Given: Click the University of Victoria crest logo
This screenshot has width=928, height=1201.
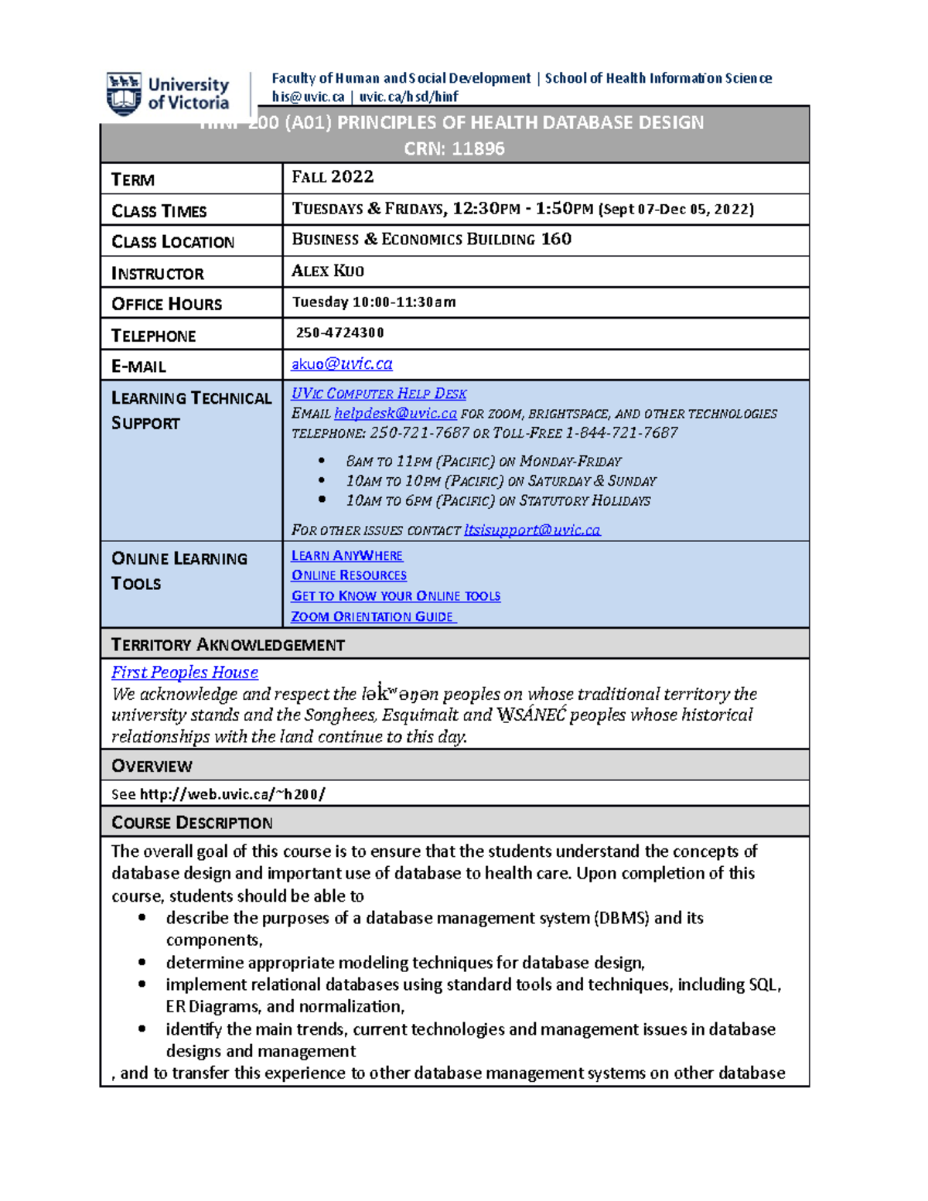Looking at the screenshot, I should tap(124, 93).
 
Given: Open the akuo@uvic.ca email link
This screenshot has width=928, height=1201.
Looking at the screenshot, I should tap(341, 363).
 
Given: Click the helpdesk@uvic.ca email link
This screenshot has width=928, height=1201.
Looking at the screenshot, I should tap(395, 414).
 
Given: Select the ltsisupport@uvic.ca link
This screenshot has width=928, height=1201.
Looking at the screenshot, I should tap(531, 530).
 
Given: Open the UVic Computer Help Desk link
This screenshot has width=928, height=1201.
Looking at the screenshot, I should tap(378, 394).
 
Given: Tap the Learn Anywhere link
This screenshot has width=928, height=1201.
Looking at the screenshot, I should tap(346, 555).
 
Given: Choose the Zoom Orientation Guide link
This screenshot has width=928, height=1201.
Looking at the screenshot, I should tap(373, 616).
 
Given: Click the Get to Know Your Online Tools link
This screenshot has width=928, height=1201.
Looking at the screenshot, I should tap(395, 595).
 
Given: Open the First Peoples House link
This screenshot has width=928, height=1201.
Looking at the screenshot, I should tap(185, 672).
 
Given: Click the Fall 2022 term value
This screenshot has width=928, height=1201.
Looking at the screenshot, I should tap(333, 177).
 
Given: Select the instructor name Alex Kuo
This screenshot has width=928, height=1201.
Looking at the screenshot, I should tap(327, 271).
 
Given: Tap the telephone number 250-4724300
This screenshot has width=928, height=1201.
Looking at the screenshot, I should tap(339, 333).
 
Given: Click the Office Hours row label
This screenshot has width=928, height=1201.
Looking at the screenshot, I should tap(166, 304).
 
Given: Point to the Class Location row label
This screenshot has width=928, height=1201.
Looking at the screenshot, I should tap(172, 242).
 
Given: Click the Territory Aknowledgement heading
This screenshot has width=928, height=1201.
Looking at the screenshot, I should tap(228, 644).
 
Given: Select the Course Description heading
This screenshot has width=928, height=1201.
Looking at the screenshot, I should tap(192, 822).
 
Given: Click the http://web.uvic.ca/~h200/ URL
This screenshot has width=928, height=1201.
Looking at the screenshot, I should tap(232, 794).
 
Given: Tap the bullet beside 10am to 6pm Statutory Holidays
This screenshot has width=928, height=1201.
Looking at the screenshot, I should tap(322, 500).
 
